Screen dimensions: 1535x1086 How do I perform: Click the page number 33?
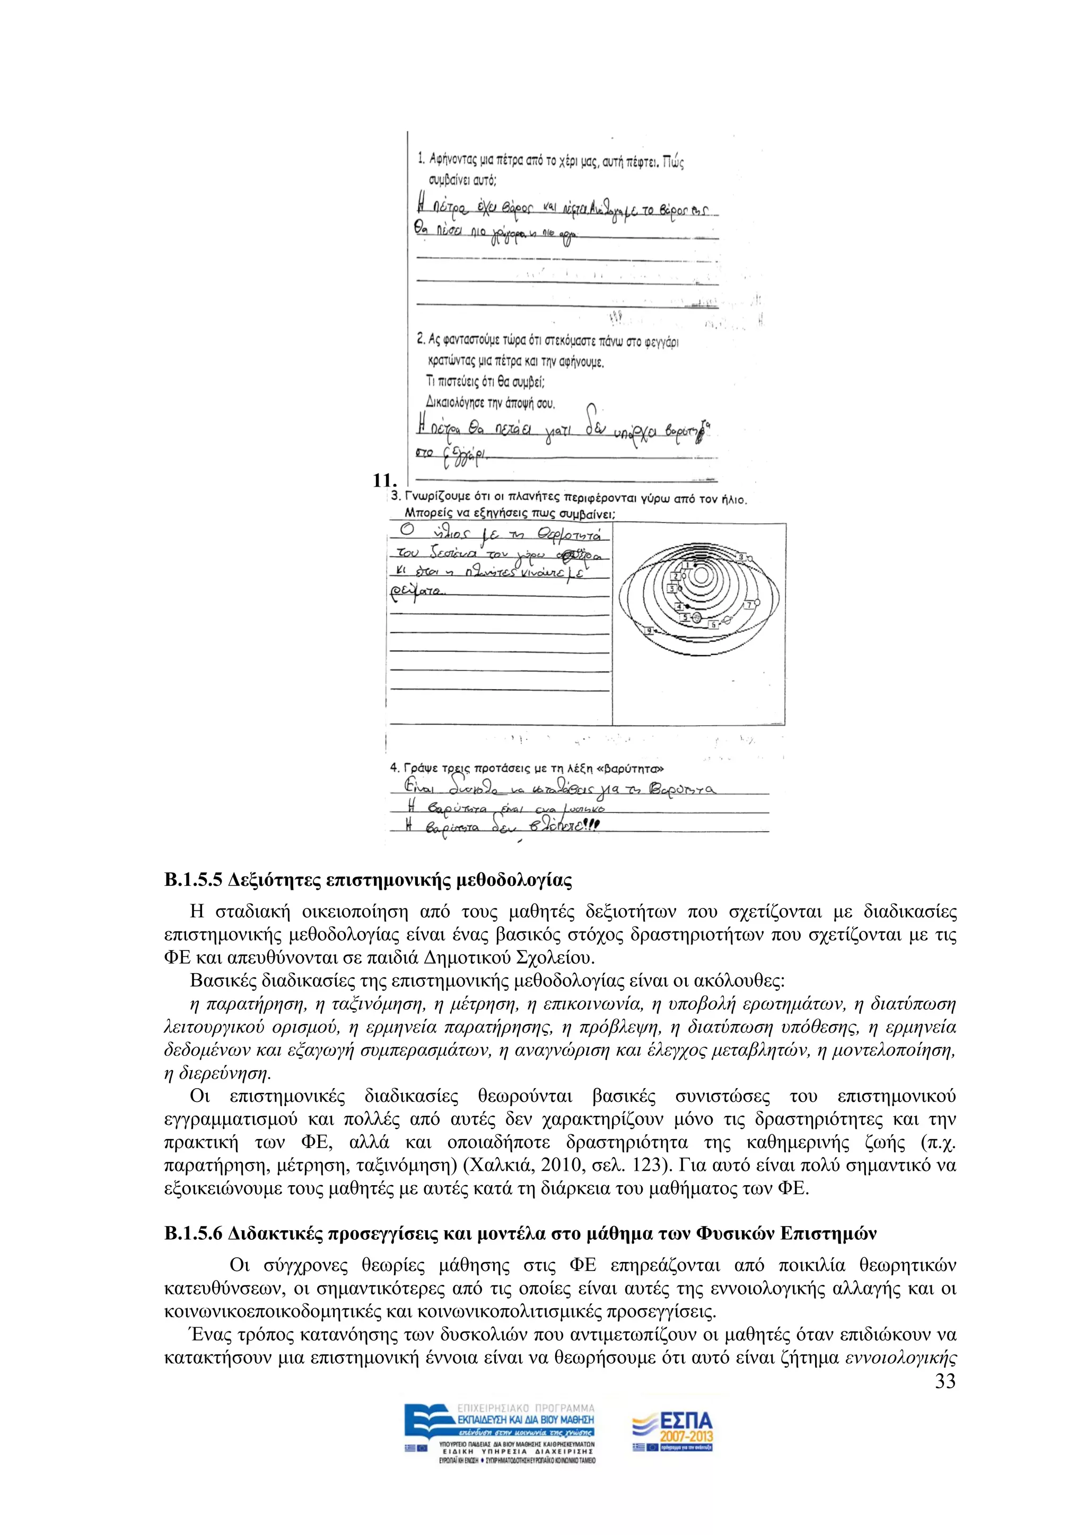945,1381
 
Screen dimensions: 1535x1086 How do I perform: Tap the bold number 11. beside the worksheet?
385,480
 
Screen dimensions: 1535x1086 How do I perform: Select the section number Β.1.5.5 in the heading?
192,880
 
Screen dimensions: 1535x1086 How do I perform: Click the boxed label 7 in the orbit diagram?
749,605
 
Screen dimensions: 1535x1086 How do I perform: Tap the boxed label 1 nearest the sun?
688,566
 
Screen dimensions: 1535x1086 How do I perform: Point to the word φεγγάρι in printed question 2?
661,342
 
